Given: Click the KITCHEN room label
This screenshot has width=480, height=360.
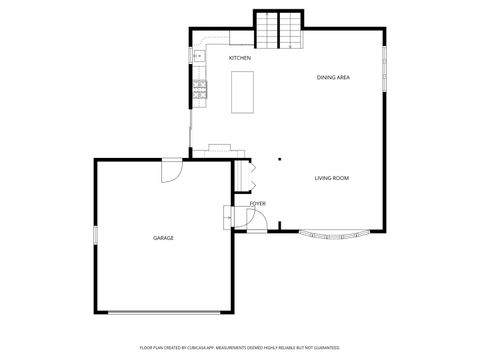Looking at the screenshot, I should click(x=240, y=58).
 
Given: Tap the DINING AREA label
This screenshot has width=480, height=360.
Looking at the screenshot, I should click(x=333, y=77).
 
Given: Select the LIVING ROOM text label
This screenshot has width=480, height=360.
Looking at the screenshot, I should click(x=332, y=178).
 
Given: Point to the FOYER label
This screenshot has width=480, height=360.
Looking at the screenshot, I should click(x=258, y=203).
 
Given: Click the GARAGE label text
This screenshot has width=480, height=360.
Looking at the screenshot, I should click(x=163, y=238).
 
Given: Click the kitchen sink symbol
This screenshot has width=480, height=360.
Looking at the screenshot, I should click(x=198, y=56).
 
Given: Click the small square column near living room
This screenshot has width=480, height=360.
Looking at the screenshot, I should click(x=279, y=158).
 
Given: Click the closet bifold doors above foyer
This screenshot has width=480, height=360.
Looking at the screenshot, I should click(x=252, y=174).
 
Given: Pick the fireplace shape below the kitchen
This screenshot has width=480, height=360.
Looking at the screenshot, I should click(x=220, y=150).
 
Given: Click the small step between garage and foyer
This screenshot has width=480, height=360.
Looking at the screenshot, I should click(x=227, y=214).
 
